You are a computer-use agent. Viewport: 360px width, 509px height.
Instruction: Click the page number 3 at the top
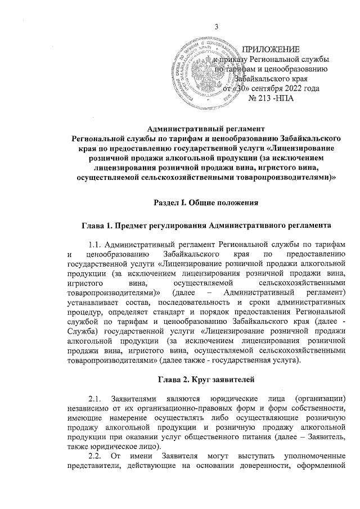click(x=216, y=29)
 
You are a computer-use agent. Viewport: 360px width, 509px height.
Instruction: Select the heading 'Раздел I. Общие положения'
click(x=206, y=202)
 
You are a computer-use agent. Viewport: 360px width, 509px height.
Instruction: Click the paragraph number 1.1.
click(x=96, y=244)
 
